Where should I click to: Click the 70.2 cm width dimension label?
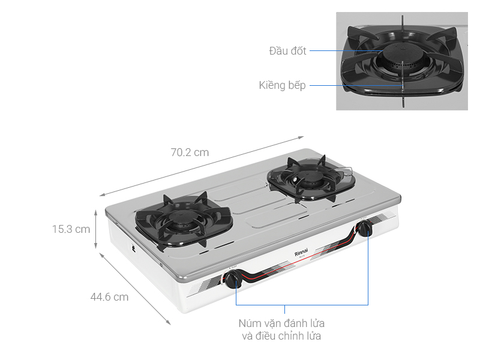point(190,152)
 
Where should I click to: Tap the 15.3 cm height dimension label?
point(71,229)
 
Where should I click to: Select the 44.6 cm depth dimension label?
point(109,296)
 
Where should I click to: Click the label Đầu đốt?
point(287,51)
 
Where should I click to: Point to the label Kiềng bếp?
point(282,85)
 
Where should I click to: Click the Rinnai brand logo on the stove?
point(302,253)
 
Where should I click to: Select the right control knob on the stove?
point(364,228)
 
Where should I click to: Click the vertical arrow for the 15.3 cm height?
point(96,229)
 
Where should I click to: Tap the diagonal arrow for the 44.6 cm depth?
point(135,289)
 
